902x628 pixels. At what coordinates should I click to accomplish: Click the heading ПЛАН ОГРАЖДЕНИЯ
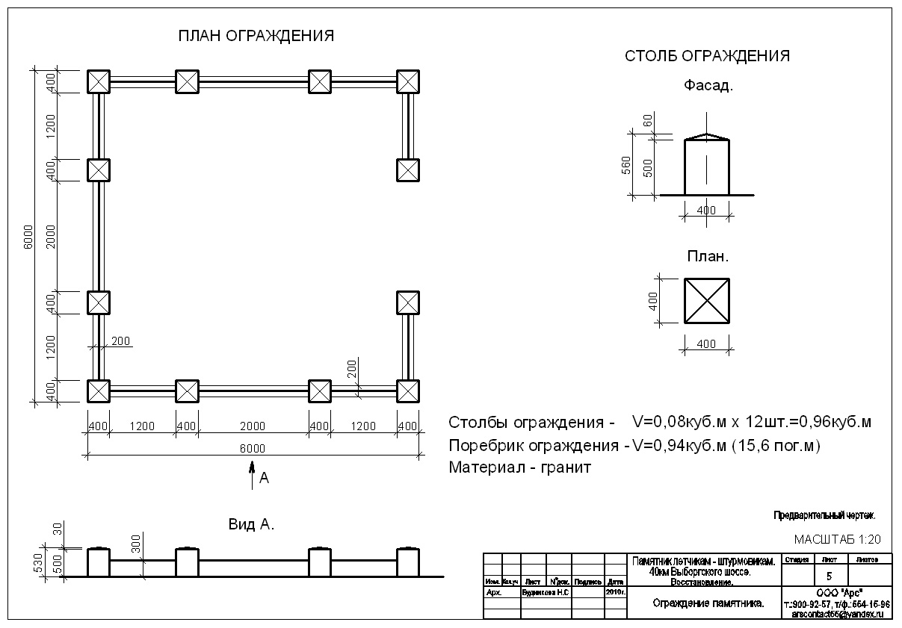click(x=256, y=36)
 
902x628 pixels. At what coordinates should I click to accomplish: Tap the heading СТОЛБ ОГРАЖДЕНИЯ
click(x=707, y=56)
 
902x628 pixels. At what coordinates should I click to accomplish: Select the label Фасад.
click(x=708, y=85)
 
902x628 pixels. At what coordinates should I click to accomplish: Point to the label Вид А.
click(x=251, y=525)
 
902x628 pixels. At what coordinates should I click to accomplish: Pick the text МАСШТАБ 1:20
click(x=838, y=538)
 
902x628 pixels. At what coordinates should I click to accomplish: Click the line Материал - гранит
click(x=519, y=468)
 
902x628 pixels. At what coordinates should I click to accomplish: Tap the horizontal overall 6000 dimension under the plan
click(x=253, y=448)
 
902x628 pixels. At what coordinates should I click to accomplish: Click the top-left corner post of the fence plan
click(x=99, y=81)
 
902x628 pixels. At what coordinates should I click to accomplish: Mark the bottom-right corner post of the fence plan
click(x=407, y=391)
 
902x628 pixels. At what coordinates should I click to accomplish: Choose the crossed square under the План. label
click(x=706, y=301)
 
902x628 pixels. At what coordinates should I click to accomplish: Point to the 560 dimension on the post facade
click(x=626, y=165)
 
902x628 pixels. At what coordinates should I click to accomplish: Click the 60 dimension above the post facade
click(x=648, y=120)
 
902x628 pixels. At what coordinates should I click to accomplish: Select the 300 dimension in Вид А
click(x=136, y=544)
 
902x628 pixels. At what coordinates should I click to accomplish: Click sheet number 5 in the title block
click(x=829, y=576)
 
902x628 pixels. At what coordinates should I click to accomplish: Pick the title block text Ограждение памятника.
click(x=708, y=603)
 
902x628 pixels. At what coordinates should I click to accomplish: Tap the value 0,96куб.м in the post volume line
click(x=834, y=422)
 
